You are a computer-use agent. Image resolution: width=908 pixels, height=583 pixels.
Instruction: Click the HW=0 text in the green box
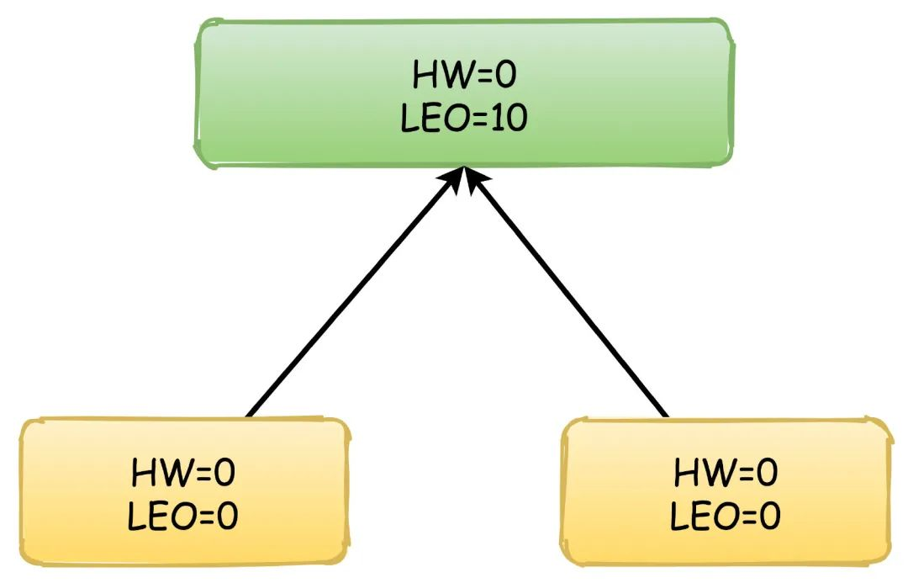click(464, 76)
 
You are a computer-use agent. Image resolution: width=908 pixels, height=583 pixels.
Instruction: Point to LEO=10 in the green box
click(464, 119)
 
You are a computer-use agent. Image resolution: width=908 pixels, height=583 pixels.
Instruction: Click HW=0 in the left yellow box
click(183, 473)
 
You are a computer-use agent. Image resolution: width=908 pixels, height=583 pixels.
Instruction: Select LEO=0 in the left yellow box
click(183, 517)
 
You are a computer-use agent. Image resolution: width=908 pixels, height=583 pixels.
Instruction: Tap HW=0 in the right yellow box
click(726, 473)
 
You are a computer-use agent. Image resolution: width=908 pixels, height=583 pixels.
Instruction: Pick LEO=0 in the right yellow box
click(726, 517)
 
